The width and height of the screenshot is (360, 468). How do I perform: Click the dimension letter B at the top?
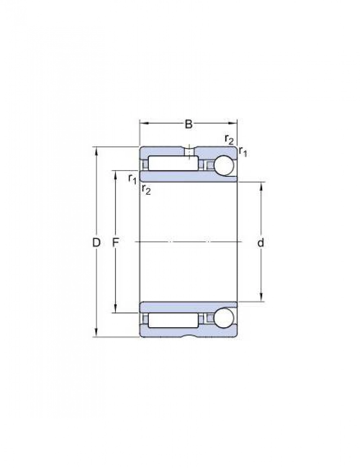pos(189,124)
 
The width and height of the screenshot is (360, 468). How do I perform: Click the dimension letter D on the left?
pos(96,243)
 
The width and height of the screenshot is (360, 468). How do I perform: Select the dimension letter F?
pos(116,243)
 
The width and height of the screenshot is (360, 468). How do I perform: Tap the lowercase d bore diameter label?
pos(261,243)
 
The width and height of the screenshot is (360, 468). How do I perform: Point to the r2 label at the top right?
pos(229,140)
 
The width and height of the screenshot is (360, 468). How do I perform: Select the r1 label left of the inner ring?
pos(132,179)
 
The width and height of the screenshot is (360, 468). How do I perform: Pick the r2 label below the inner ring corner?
pos(146,190)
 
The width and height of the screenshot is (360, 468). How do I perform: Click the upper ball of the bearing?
pos(224,165)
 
